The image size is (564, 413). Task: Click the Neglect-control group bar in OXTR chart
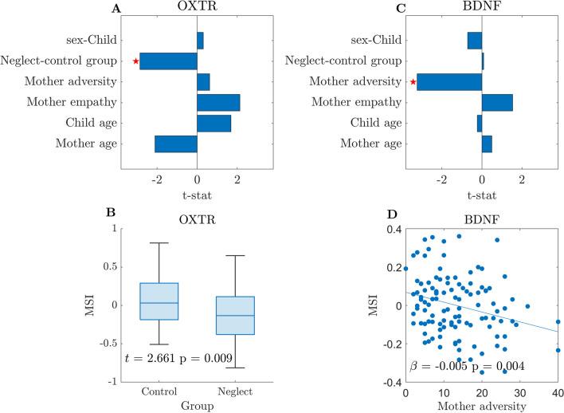[x=168, y=61]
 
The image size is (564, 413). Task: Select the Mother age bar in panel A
[x=175, y=144]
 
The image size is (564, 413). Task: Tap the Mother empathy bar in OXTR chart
[x=218, y=103]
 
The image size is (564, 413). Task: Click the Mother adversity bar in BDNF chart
[x=449, y=81]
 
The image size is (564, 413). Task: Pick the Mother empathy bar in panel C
[x=497, y=103]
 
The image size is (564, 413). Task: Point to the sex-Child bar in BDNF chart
[x=475, y=41]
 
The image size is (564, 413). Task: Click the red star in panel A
[x=136, y=61]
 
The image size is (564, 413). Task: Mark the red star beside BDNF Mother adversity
[x=413, y=81]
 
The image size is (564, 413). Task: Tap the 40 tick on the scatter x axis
[x=558, y=393]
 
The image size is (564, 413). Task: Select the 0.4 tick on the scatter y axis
[x=394, y=230]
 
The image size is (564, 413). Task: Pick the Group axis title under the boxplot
[x=197, y=406]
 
